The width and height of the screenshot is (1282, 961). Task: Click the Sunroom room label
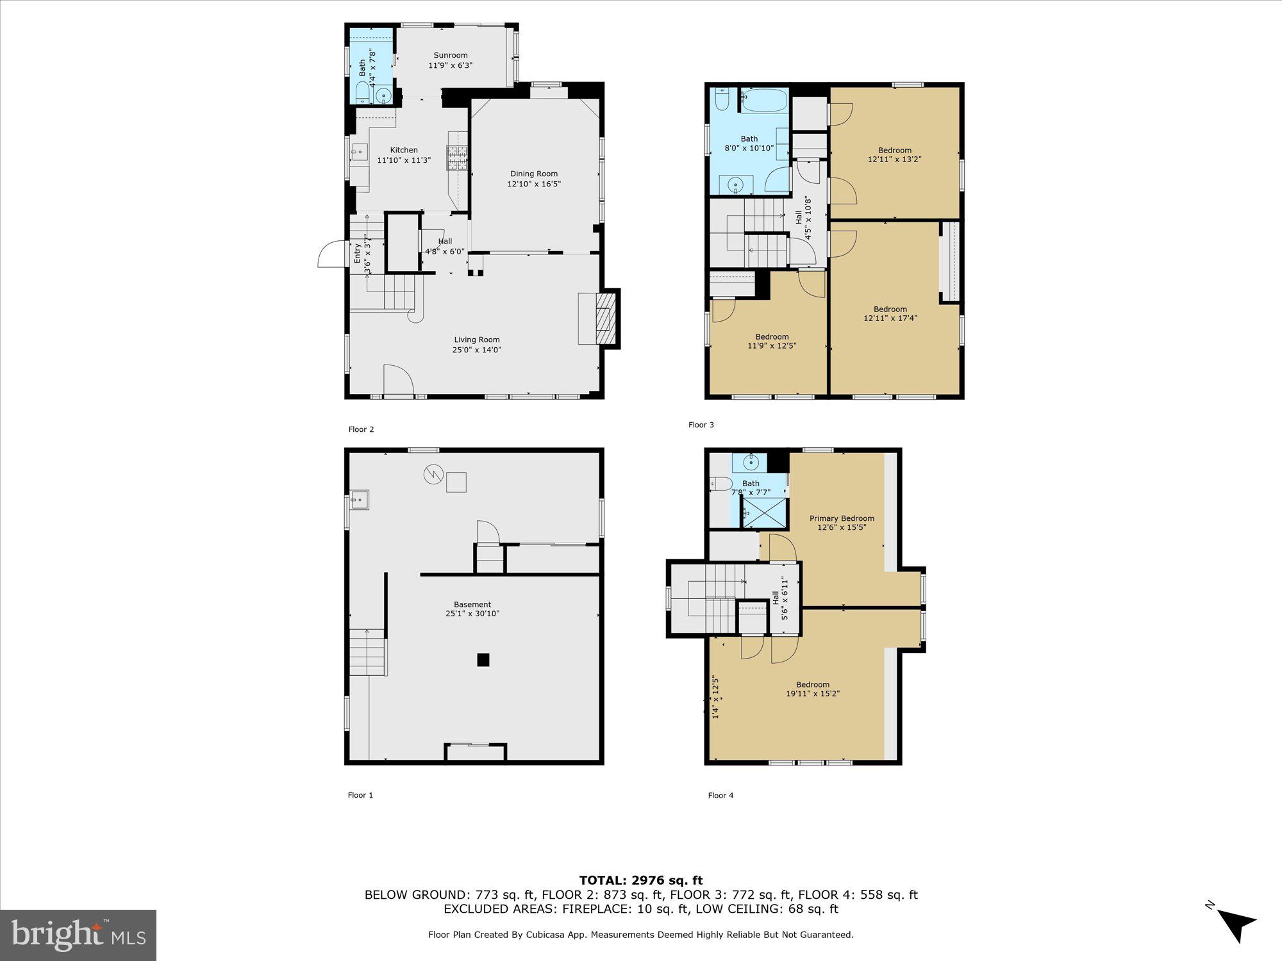450,55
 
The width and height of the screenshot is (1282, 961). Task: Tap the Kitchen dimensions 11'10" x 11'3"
404,160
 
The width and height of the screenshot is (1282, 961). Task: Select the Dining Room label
533,174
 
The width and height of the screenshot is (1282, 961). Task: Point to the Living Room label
476,340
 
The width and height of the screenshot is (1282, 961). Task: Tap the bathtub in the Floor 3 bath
764,101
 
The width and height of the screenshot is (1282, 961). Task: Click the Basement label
472,604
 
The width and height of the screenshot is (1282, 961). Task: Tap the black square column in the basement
483,660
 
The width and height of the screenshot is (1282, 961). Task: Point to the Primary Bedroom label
841,518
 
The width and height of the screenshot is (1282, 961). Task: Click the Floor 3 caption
701,425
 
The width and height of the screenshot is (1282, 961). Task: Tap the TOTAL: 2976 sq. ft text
641,880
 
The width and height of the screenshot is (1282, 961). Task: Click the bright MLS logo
78,935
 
